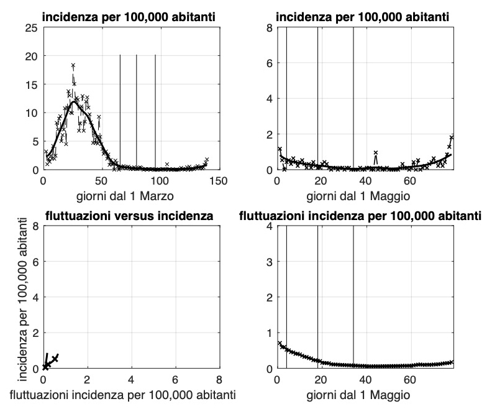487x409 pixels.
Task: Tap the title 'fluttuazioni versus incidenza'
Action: (x=130, y=216)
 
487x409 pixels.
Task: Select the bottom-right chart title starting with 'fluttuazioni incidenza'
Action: (x=360, y=216)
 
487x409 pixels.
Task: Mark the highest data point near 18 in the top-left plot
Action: (x=73, y=65)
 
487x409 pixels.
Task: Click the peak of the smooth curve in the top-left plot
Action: (x=74, y=101)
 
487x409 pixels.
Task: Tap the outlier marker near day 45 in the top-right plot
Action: (x=376, y=152)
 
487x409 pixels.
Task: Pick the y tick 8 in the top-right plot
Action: (x=268, y=28)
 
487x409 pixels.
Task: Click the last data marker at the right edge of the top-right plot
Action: (x=452, y=137)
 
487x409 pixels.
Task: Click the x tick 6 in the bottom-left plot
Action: (x=175, y=380)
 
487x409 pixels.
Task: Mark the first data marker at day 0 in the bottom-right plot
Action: (x=278, y=342)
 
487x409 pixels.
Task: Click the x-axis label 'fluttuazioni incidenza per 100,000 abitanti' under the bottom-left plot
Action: (x=131, y=394)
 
